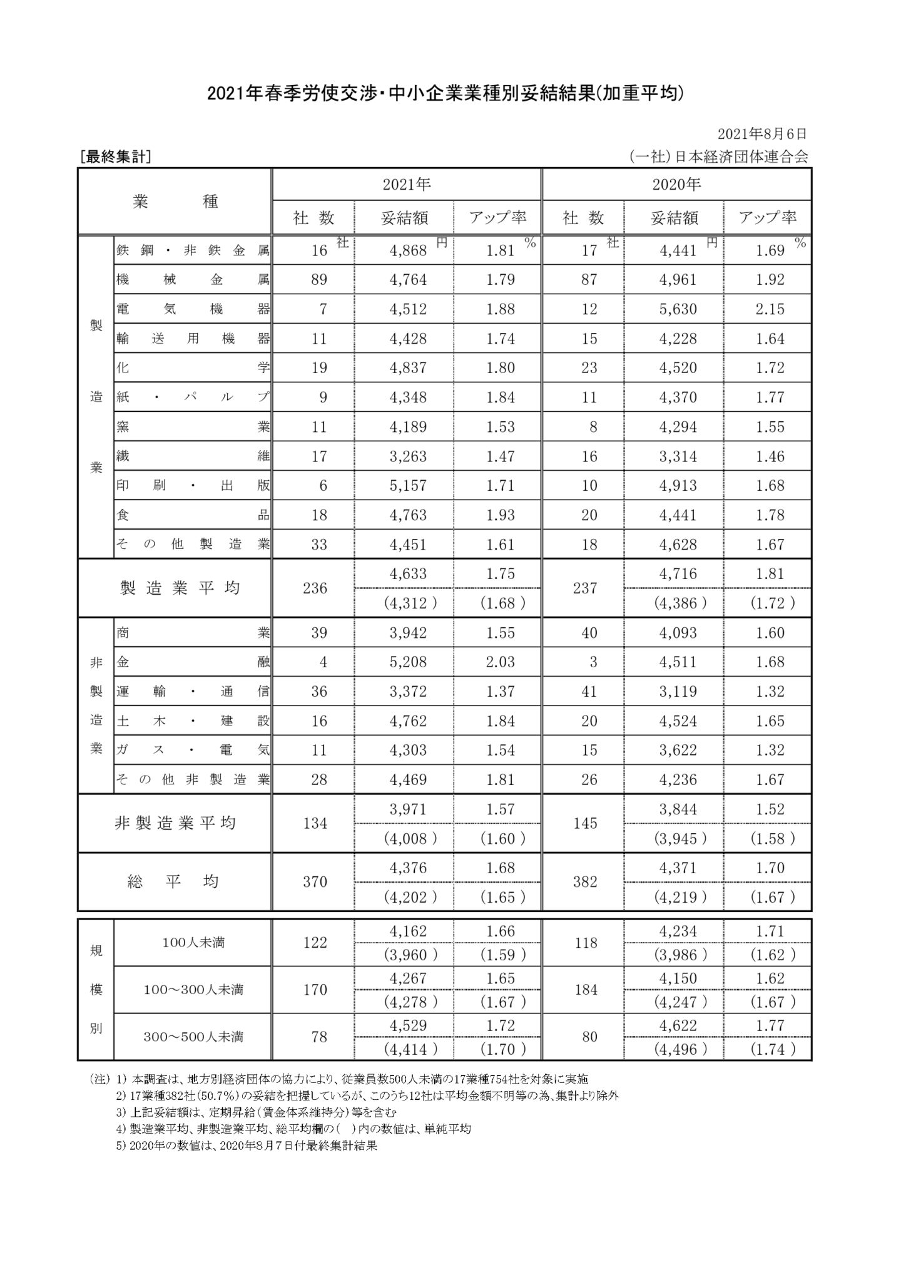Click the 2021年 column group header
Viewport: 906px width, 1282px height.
[407, 185]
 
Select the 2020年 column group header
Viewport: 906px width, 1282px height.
[676, 185]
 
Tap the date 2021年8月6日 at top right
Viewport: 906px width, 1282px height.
[762, 133]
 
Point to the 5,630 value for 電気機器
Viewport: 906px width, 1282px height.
[678, 309]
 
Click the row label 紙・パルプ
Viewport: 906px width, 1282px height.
[193, 397]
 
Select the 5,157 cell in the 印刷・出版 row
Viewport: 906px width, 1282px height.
[408, 486]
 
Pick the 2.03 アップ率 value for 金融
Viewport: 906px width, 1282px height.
[501, 662]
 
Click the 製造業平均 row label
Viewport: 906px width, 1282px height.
[180, 588]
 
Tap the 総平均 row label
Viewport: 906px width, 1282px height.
[175, 882]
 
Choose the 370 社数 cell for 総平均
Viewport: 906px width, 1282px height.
[315, 882]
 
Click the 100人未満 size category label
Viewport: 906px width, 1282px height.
[193, 943]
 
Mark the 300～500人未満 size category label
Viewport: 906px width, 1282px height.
[193, 1037]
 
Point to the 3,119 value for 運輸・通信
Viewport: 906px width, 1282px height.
[678, 692]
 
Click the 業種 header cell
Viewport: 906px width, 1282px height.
[175, 202]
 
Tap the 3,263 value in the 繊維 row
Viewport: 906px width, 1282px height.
[408, 456]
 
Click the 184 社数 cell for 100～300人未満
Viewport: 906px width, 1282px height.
[585, 990]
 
